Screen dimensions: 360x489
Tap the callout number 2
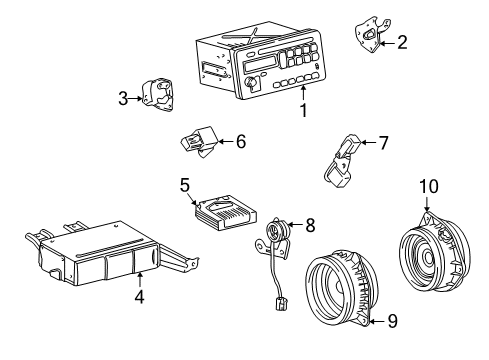point(402,42)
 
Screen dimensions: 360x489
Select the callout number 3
point(123,98)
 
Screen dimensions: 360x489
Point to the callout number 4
point(139,296)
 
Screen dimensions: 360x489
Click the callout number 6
point(239,142)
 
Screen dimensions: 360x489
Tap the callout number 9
point(391,321)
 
